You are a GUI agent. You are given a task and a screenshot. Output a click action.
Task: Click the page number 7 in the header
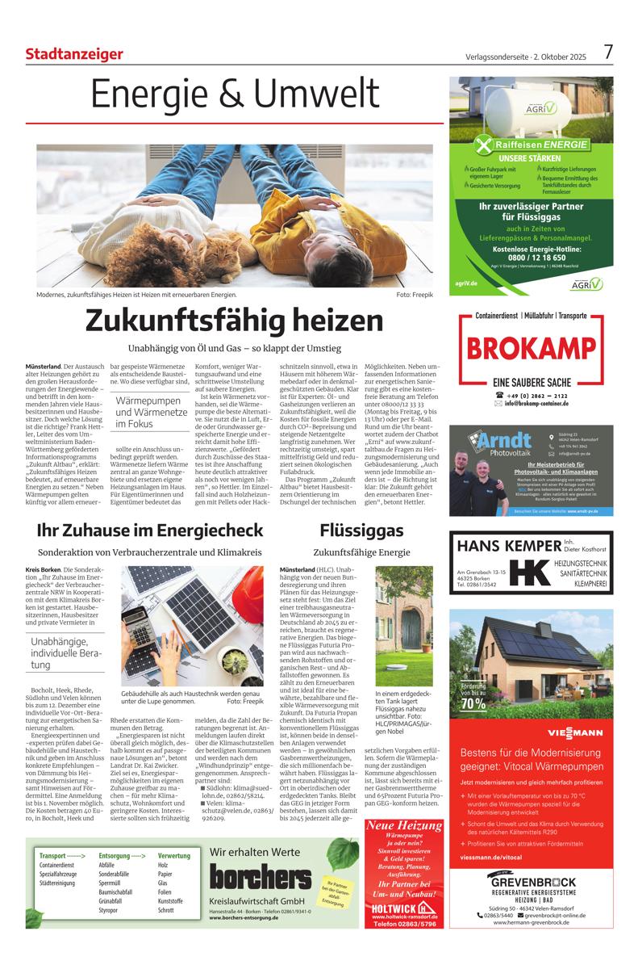pyautogui.click(x=609, y=52)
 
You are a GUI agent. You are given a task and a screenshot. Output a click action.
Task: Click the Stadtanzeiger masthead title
pyautogui.click(x=74, y=54)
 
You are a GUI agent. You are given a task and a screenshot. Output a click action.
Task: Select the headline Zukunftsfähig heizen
pyautogui.click(x=235, y=321)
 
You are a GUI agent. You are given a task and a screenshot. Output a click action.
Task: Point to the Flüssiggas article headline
pyautogui.click(x=350, y=530)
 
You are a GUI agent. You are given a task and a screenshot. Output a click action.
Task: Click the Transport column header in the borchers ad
pyautogui.click(x=63, y=855)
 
